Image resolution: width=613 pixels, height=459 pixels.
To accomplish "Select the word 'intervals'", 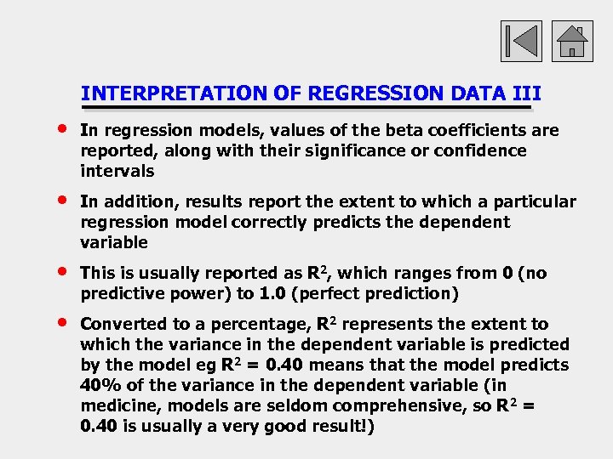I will (117, 171).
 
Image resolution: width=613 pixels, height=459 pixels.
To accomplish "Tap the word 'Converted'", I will (123, 324).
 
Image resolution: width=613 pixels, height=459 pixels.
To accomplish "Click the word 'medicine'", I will (118, 405).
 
